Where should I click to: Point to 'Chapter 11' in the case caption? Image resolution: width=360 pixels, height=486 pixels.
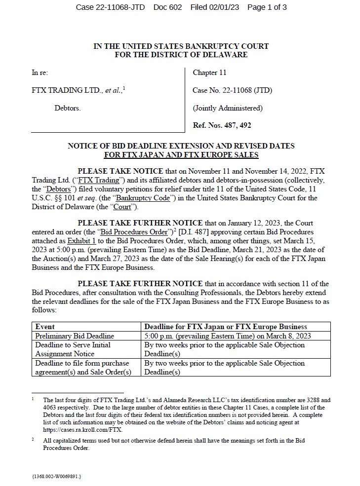coord(209,73)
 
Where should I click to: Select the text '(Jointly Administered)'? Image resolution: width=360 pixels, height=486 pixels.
coord(228,108)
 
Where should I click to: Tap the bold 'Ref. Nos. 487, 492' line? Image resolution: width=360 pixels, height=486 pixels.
coord(222,125)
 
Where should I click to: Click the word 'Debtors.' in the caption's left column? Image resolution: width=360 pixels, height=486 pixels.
coord(68,108)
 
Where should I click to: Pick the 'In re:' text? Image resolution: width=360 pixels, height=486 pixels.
coord(40,73)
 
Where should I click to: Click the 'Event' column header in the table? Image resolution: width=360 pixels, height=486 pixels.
coord(45,327)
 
